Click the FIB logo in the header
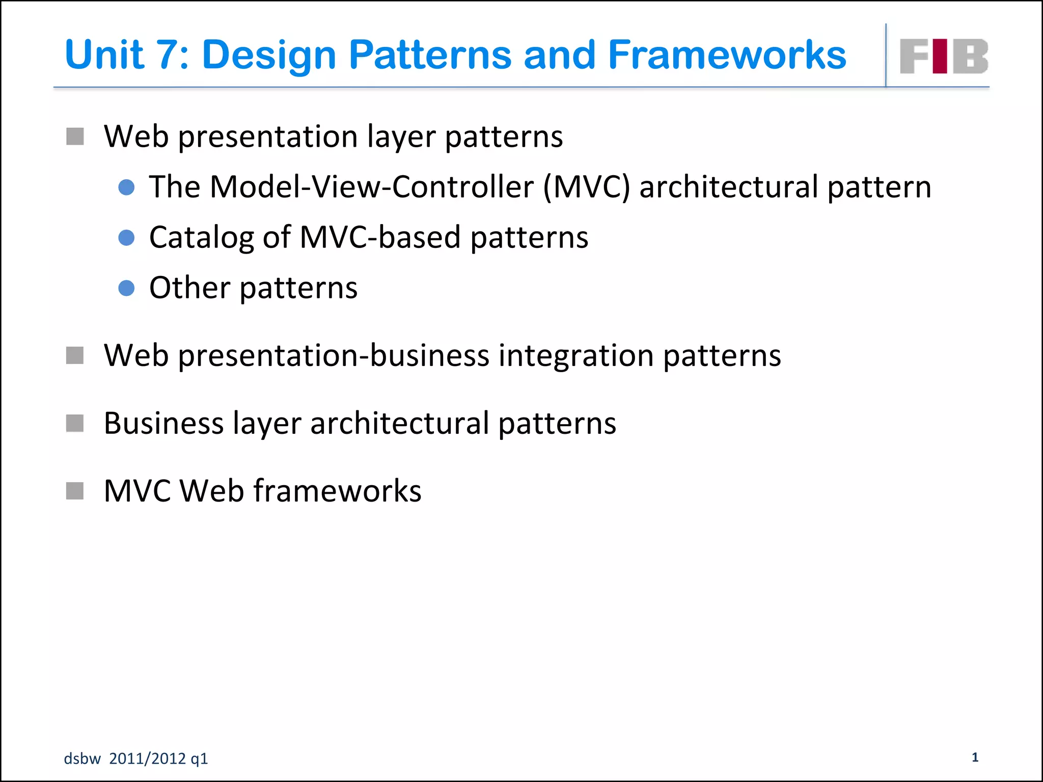(x=944, y=56)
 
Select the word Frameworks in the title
(x=727, y=55)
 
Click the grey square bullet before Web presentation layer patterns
(x=75, y=136)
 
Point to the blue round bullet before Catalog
(x=126, y=238)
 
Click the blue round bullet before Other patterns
(x=126, y=288)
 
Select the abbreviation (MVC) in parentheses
(x=586, y=187)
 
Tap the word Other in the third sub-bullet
(x=189, y=288)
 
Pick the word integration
(x=576, y=355)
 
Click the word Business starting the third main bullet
(x=163, y=423)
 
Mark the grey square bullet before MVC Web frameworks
(x=75, y=491)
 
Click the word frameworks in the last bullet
(x=337, y=491)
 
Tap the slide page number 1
(x=975, y=757)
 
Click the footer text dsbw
(x=82, y=759)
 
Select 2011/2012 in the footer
(x=147, y=759)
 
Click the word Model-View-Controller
(x=371, y=187)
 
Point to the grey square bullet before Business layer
(x=75, y=423)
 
